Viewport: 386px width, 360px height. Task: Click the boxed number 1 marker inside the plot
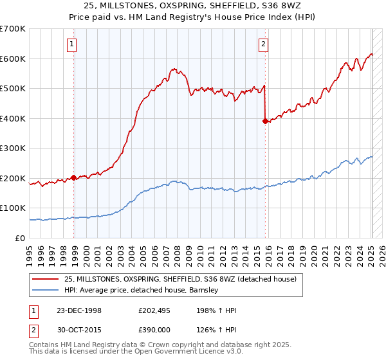pos(71,44)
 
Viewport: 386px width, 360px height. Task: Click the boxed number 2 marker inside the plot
pos(264,44)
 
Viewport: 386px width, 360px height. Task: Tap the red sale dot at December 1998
pos(73,177)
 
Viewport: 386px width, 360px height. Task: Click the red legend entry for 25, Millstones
pos(180,279)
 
